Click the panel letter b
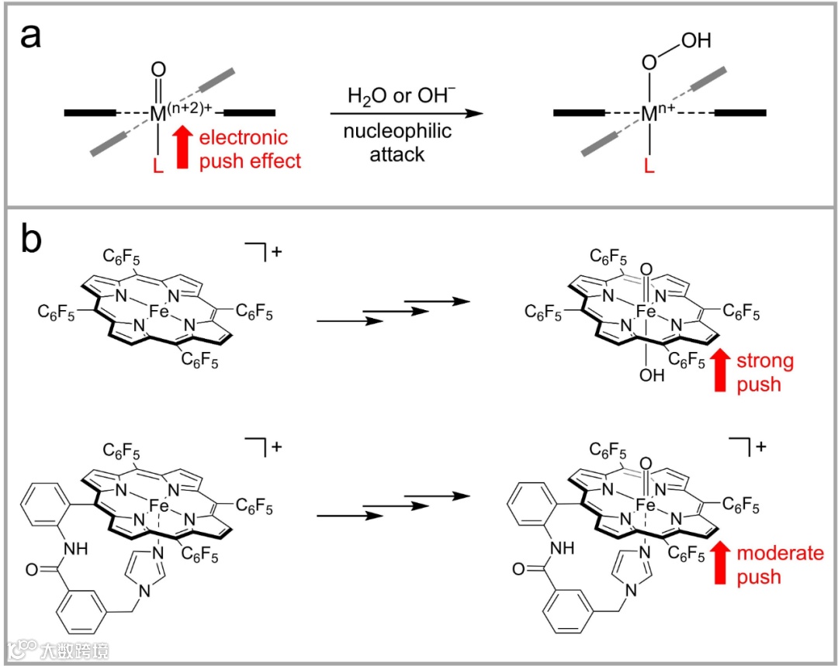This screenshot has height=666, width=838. click(x=32, y=241)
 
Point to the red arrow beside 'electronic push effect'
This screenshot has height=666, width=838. click(x=183, y=149)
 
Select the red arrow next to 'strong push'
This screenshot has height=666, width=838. click(x=718, y=372)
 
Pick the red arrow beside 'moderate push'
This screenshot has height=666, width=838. click(x=718, y=564)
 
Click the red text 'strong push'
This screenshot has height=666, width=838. click(x=764, y=372)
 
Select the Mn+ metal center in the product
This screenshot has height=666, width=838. click(x=656, y=114)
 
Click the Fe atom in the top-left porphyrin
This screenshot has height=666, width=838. click(x=160, y=314)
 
